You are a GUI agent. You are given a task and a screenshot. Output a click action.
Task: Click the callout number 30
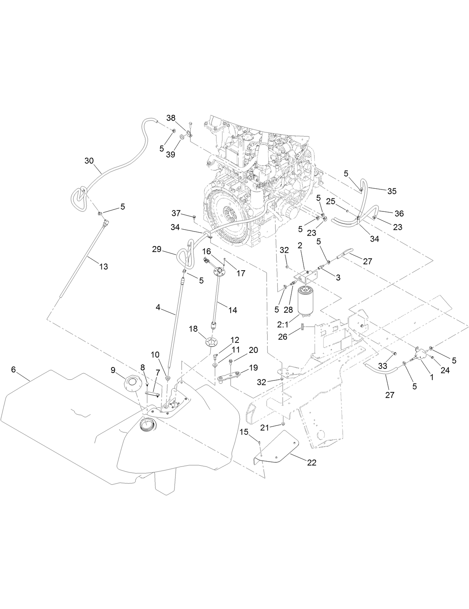click(x=89, y=160)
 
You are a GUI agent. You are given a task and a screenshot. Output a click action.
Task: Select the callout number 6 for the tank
click(x=13, y=369)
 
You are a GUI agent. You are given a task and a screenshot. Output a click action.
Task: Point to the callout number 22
click(x=312, y=462)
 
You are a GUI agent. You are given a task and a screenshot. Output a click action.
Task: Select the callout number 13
click(x=103, y=267)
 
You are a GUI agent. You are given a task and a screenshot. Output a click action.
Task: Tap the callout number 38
click(x=171, y=118)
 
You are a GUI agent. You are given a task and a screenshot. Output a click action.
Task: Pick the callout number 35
click(x=392, y=191)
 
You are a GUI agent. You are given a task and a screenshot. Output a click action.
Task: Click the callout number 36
click(x=399, y=213)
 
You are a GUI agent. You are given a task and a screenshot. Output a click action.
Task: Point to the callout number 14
click(x=233, y=310)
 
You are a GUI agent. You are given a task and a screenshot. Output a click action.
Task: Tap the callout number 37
click(x=176, y=213)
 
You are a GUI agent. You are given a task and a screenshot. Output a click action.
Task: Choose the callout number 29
click(x=157, y=249)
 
